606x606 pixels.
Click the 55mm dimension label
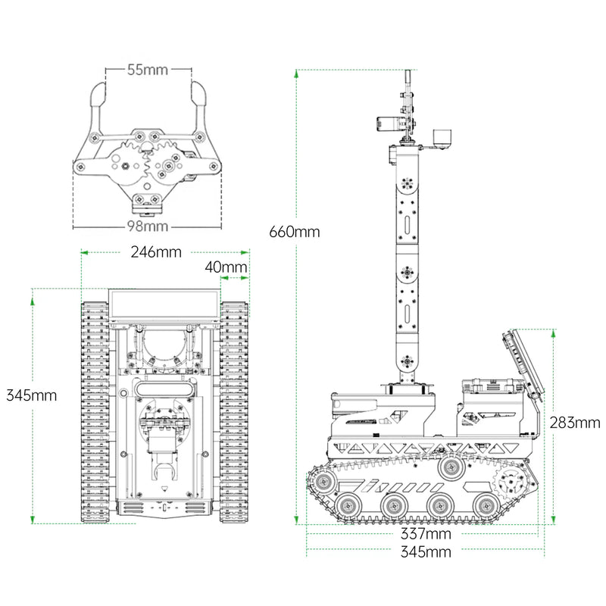[147, 70]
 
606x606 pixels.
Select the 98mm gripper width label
[147, 226]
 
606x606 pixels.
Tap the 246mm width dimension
[155, 252]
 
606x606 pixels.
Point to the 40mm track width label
[226, 267]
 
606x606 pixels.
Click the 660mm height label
[294, 232]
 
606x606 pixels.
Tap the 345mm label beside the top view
[31, 395]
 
